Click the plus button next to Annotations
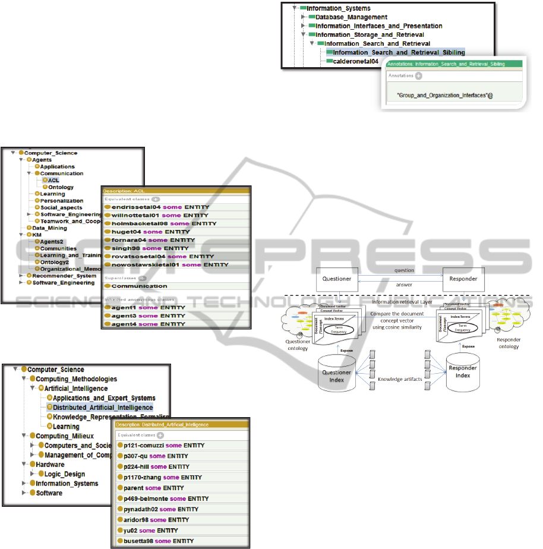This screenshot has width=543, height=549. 418,76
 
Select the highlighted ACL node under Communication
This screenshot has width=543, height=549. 53,180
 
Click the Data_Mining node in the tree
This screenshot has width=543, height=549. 49,228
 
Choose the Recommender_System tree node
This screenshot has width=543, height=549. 64,276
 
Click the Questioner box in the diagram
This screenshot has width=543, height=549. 337,278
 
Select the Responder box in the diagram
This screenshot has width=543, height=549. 463,278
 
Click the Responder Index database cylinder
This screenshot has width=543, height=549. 463,372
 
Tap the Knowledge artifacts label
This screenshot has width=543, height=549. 402,378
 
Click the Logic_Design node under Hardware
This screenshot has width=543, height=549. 64,474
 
